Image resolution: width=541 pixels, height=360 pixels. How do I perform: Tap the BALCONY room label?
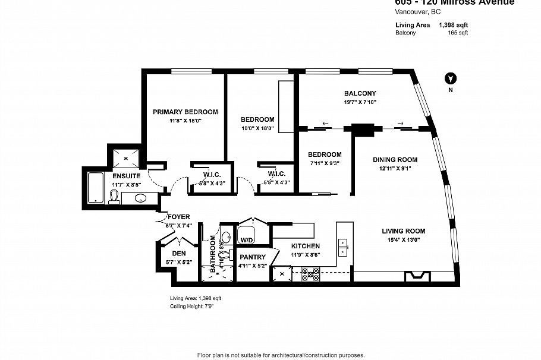[x=360, y=93]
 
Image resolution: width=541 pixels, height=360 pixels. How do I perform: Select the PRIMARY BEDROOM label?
[x=185, y=112]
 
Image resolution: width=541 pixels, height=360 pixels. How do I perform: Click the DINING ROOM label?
[x=395, y=159]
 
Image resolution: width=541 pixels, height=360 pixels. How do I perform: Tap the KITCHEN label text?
[x=306, y=246]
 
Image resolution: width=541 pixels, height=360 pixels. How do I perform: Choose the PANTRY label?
[x=253, y=257]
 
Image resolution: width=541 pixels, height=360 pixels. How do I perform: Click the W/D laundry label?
[x=246, y=239]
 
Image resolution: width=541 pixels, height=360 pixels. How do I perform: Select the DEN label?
[x=179, y=252]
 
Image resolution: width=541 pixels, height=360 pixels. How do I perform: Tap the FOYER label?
[x=178, y=217]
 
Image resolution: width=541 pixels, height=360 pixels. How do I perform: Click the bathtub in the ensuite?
[x=95, y=188]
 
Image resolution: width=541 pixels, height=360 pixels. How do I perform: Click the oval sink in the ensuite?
[x=141, y=198]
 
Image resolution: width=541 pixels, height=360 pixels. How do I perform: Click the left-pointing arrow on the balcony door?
[x=325, y=124]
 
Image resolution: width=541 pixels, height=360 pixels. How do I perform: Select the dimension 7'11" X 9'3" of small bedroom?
[x=325, y=163]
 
